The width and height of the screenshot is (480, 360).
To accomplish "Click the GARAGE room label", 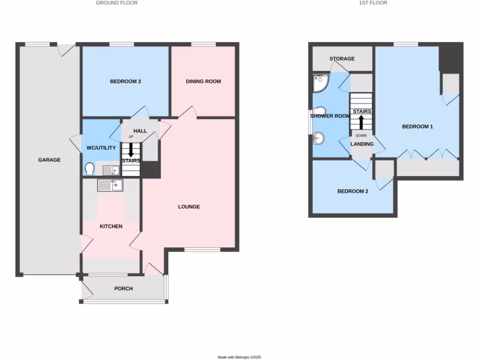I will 49,160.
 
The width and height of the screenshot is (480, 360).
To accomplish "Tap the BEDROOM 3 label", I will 126,82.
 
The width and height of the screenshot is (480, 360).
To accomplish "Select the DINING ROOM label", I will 203,82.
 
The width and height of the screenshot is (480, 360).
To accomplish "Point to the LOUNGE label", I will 189,207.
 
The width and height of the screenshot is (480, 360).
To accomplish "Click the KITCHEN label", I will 111,226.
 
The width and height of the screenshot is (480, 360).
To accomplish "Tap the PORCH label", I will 123,289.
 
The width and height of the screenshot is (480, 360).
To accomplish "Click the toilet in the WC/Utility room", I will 89,168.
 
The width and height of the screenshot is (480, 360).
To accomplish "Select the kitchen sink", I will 110,186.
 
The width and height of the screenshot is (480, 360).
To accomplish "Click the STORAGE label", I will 342,59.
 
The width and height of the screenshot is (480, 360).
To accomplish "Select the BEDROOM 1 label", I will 417,127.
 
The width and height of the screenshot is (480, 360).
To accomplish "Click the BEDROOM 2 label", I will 353,191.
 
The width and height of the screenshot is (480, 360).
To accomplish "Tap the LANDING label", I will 362,144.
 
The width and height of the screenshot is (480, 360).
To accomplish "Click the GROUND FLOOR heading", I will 117,3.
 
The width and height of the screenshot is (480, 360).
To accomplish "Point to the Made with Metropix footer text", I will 240,357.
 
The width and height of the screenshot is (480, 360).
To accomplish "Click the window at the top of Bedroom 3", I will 122,45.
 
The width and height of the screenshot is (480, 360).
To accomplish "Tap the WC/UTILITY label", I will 101,148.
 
